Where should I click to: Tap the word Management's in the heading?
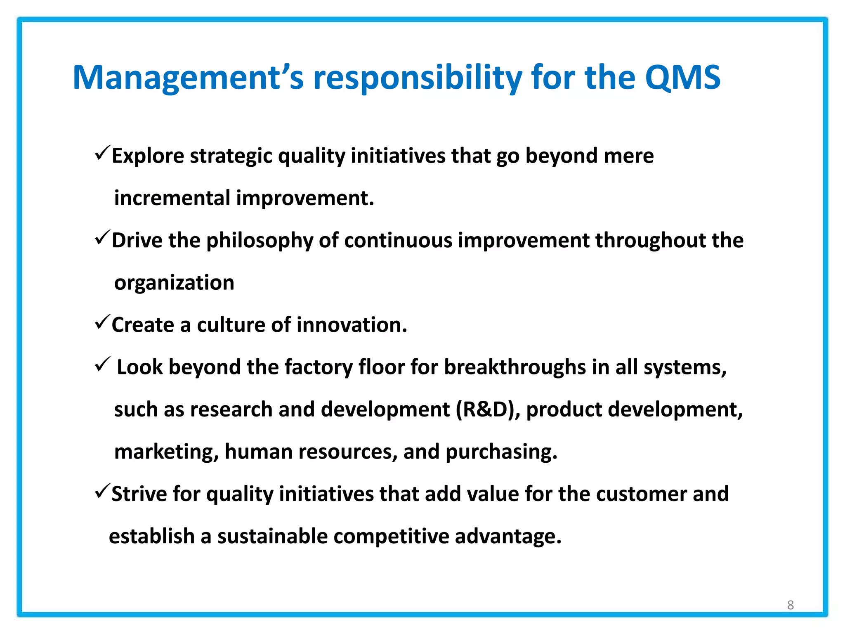pos(188,78)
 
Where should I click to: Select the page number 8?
pos(790,605)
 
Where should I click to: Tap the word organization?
pos(174,284)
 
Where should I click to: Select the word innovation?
pos(352,325)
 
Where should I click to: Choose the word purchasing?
pos(501,452)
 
